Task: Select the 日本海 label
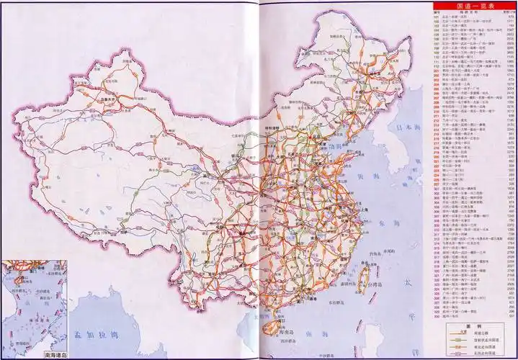(407, 127)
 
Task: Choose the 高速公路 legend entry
(478, 333)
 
